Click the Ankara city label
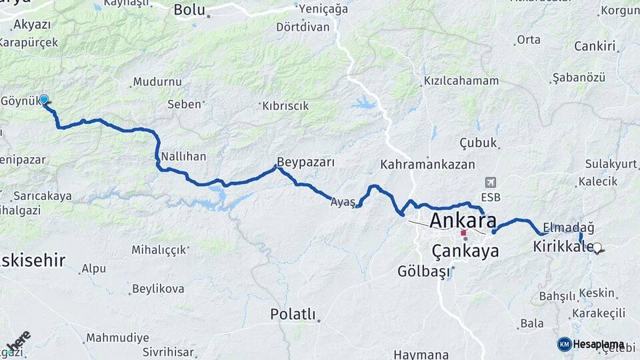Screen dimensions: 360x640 tap(463, 221)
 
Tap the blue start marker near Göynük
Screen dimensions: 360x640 tap(44, 99)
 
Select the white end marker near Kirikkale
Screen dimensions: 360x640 tap(597, 247)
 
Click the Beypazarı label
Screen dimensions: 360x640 tap(305, 162)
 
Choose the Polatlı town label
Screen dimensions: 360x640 tap(293, 313)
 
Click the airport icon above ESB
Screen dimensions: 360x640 tap(491, 182)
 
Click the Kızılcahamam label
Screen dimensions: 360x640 tap(461, 81)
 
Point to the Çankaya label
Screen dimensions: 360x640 tap(465, 251)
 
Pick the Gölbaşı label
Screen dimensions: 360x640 tap(424, 271)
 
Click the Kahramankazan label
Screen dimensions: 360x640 tap(427, 164)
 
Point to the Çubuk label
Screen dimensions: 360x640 tap(479, 143)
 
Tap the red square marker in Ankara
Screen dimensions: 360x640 tap(463, 233)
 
